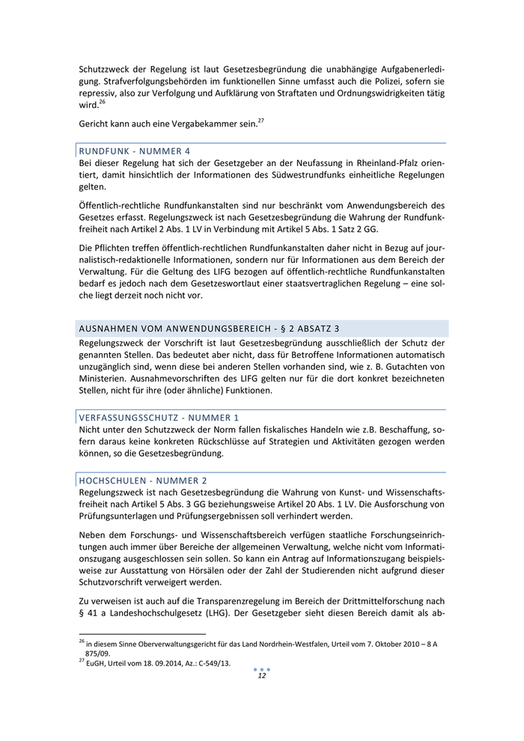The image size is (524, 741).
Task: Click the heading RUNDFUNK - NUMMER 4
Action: click(134, 150)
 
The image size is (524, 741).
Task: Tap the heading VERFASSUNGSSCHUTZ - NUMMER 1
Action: click(159, 416)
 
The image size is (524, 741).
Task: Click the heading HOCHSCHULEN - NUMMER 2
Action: click(142, 479)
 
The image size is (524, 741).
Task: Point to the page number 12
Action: click(262, 675)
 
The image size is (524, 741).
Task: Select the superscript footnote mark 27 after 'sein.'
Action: click(261, 120)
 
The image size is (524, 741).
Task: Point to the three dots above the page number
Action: click(262, 668)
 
